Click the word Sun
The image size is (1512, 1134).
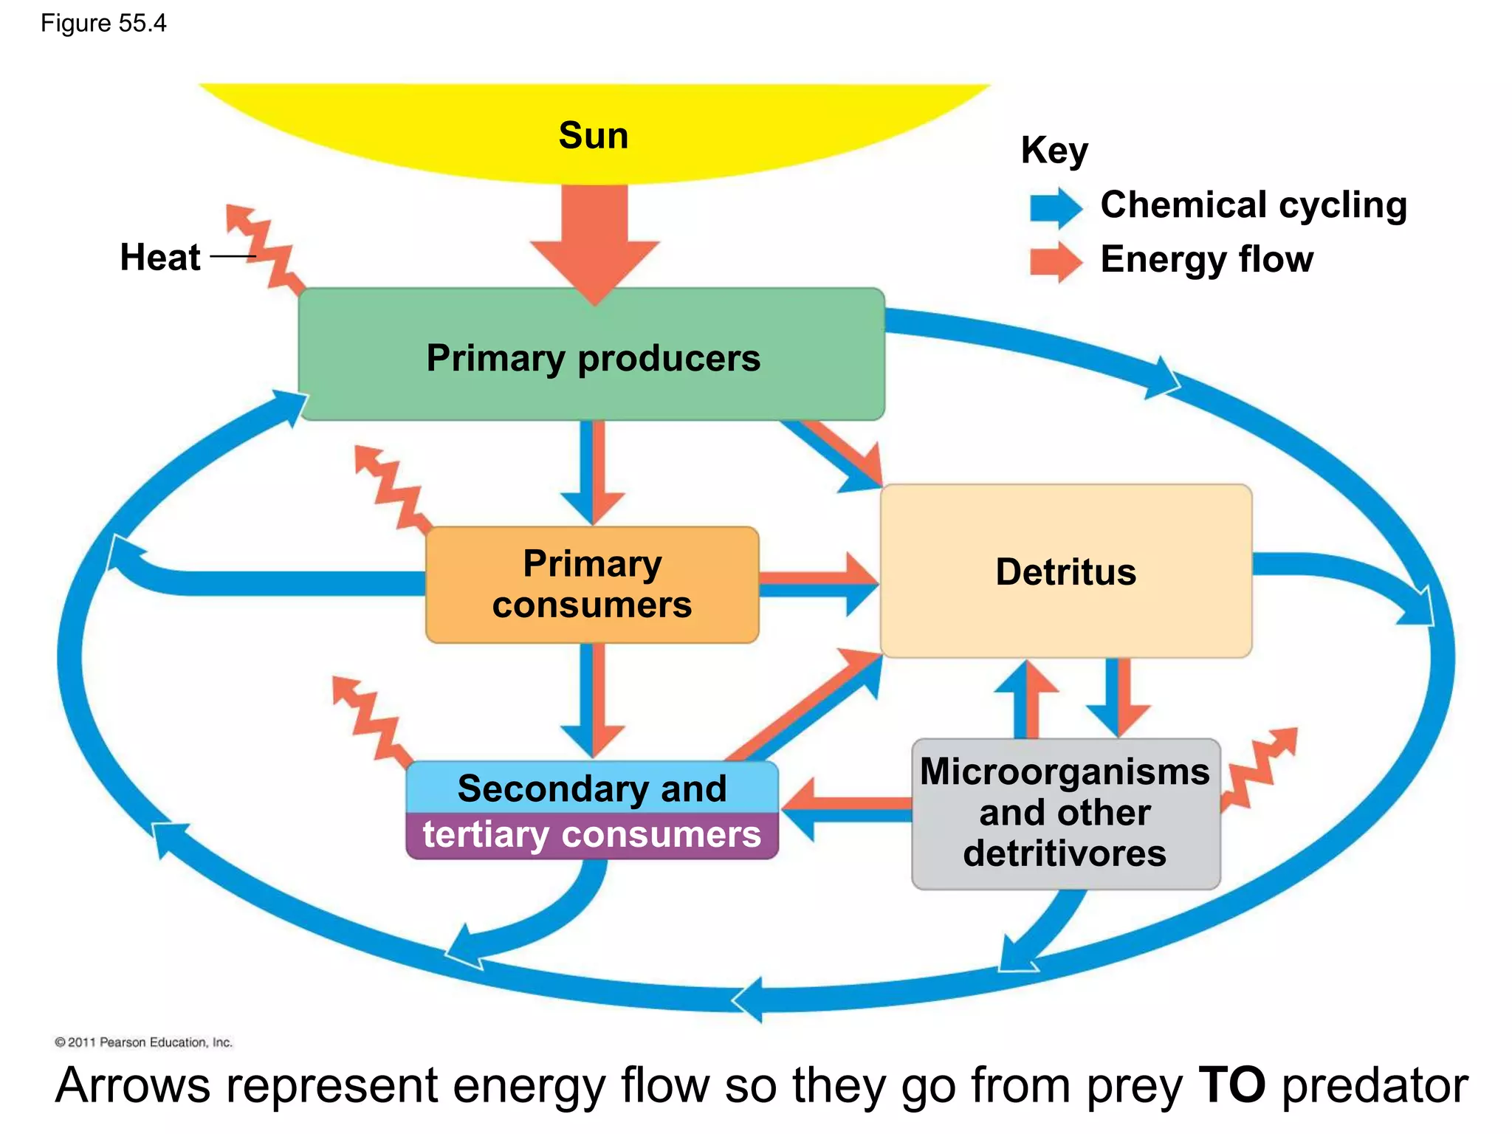tap(593, 136)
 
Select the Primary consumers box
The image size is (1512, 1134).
tap(591, 584)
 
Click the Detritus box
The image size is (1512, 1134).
tap(1065, 571)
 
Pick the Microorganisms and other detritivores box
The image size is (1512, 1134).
tap(1065, 813)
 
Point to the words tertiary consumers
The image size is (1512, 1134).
tap(591, 835)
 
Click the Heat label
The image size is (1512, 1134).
tap(159, 258)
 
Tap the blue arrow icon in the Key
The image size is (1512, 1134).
tap(1056, 207)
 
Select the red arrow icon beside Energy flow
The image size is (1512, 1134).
tap(1056, 261)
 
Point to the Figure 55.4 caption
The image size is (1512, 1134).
tap(103, 24)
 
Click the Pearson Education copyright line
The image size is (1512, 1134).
tap(143, 1042)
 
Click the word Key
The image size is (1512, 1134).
tap(1054, 150)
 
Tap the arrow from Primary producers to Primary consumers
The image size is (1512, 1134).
tap(593, 472)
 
